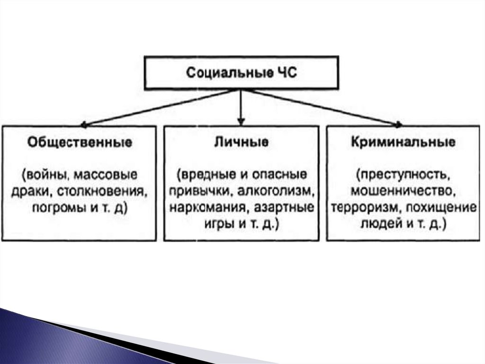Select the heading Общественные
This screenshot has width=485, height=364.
(80, 142)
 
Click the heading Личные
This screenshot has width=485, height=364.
(241, 142)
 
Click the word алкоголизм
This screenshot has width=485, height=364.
(279, 192)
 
